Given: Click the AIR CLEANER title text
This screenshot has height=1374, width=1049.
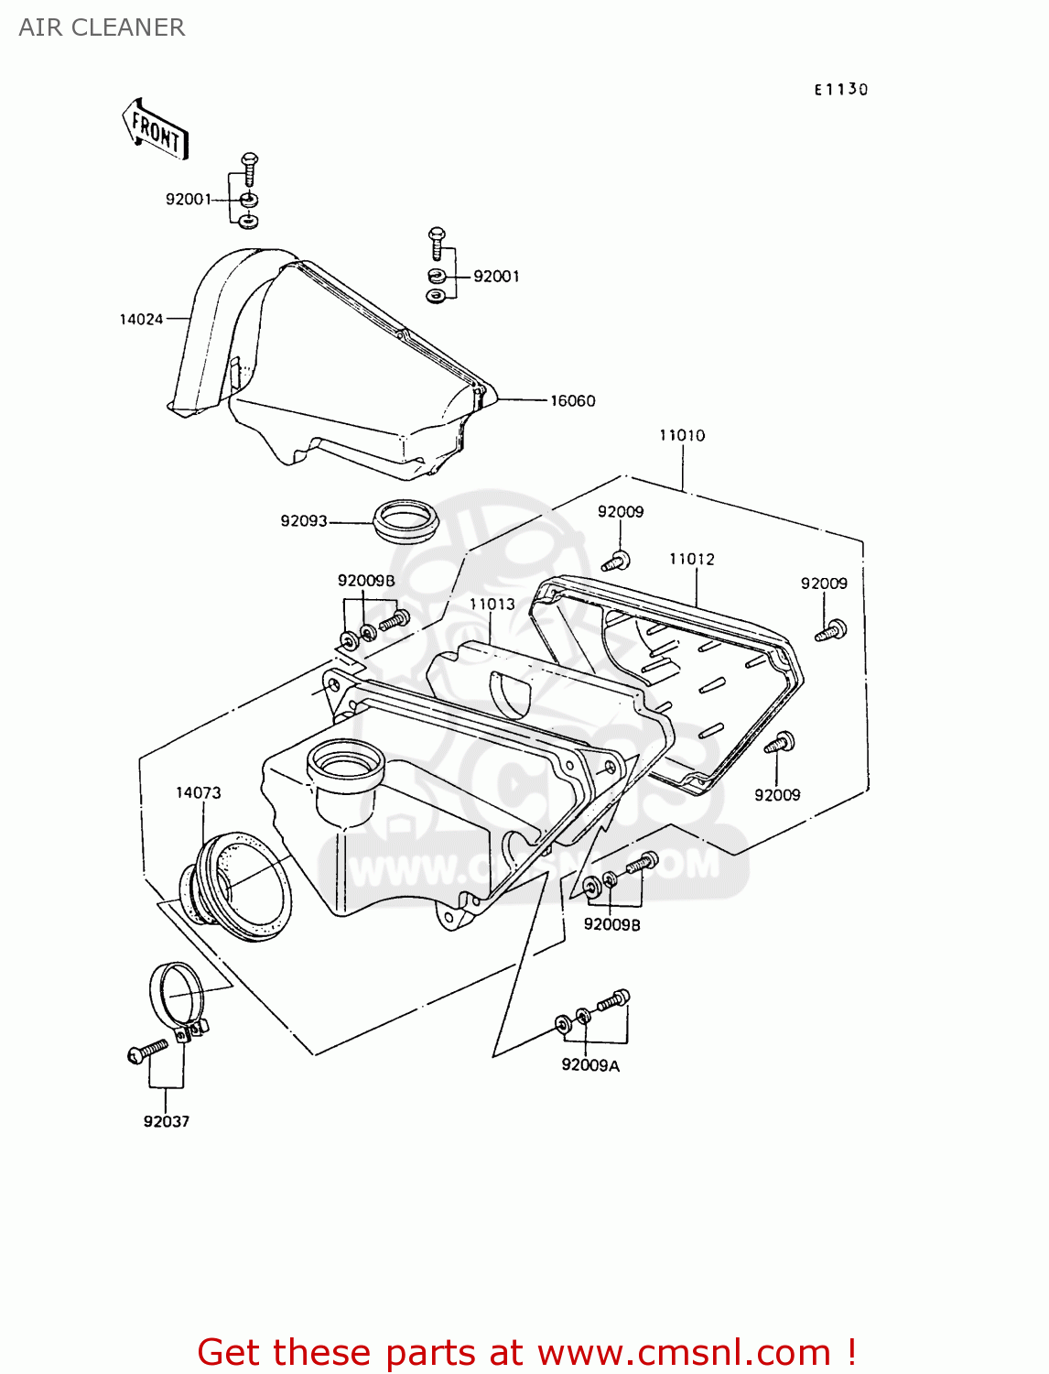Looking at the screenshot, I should pyautogui.click(x=102, y=27).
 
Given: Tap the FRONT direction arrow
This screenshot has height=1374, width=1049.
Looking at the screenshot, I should pyautogui.click(x=155, y=130).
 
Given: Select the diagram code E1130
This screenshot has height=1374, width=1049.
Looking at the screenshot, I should pyautogui.click(x=840, y=89).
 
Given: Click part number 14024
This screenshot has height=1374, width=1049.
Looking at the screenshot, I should pyautogui.click(x=141, y=319).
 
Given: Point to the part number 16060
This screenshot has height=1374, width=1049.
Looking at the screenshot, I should pyautogui.click(x=572, y=400).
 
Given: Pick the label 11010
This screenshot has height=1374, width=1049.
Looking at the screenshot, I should pyautogui.click(x=682, y=435).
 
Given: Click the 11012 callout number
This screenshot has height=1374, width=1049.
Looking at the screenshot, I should pyautogui.click(x=691, y=559).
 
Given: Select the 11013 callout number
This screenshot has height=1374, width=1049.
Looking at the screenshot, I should pyautogui.click(x=492, y=604).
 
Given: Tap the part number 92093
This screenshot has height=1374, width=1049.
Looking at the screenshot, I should pyautogui.click(x=303, y=520).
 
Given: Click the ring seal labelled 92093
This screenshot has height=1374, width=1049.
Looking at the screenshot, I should pyautogui.click(x=406, y=520).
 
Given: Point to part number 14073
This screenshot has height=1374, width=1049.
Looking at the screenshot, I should pyautogui.click(x=198, y=792).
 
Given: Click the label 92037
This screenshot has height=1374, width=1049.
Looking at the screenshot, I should pyautogui.click(x=166, y=1121).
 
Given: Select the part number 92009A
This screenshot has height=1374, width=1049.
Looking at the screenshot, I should pyautogui.click(x=589, y=1065).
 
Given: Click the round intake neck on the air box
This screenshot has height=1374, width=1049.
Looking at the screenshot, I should pyautogui.click(x=345, y=763).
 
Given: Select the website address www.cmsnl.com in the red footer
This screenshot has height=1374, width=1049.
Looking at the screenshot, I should pyautogui.click(x=683, y=1352).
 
